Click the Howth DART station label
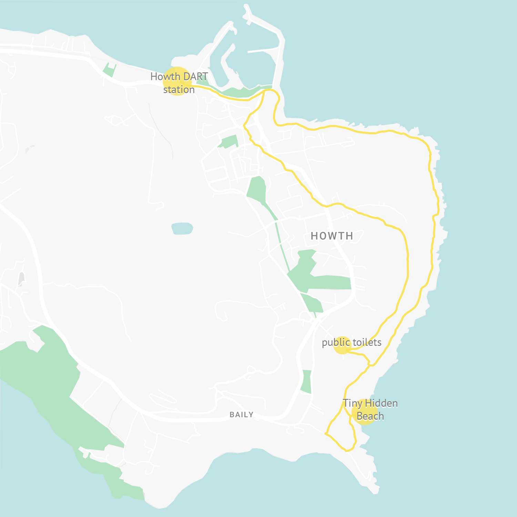[x=179, y=83]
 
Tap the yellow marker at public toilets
[x=342, y=345]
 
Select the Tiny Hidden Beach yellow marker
[x=365, y=412]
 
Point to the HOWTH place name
[x=332, y=236]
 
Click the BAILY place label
[x=242, y=415]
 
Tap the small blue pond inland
[x=182, y=228]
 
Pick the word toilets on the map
[x=367, y=343]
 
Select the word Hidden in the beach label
[x=382, y=403]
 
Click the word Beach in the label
[x=370, y=416]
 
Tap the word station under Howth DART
[x=179, y=90]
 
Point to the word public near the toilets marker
[x=336, y=343]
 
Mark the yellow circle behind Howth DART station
[x=177, y=81]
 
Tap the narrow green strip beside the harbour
[x=241, y=92]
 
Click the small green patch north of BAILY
[x=306, y=382]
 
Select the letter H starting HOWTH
[x=314, y=236]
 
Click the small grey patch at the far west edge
[x=22, y=279]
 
